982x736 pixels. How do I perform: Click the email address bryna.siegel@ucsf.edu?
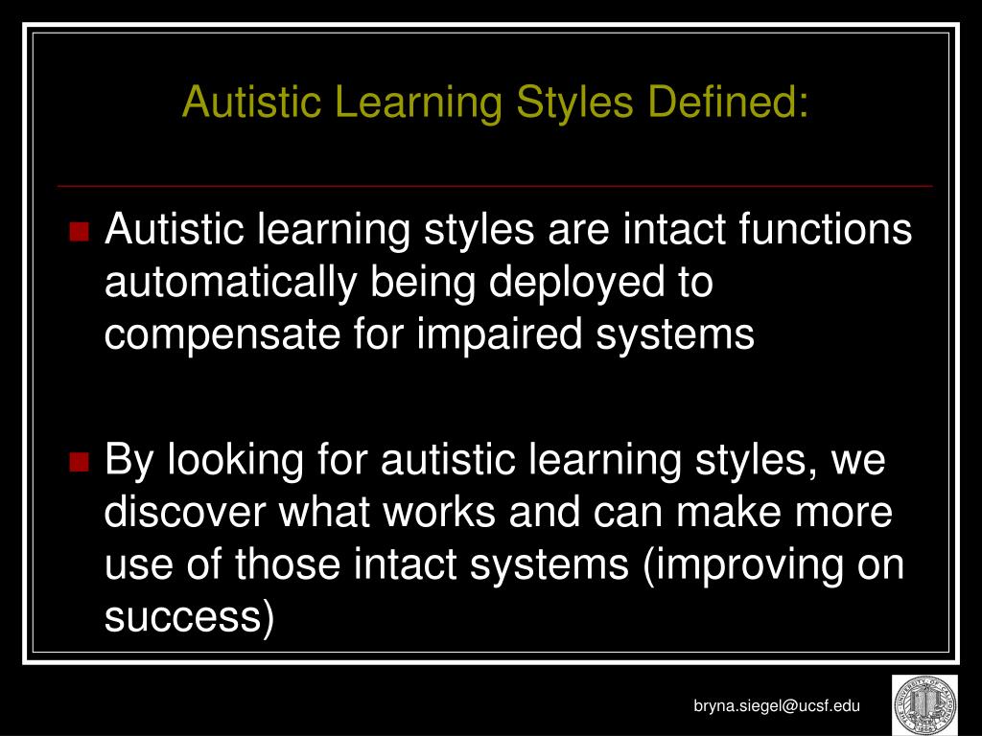778,706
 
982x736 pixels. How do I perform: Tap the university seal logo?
924,705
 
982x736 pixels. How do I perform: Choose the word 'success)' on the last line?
189,618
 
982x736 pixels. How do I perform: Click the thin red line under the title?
495,185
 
